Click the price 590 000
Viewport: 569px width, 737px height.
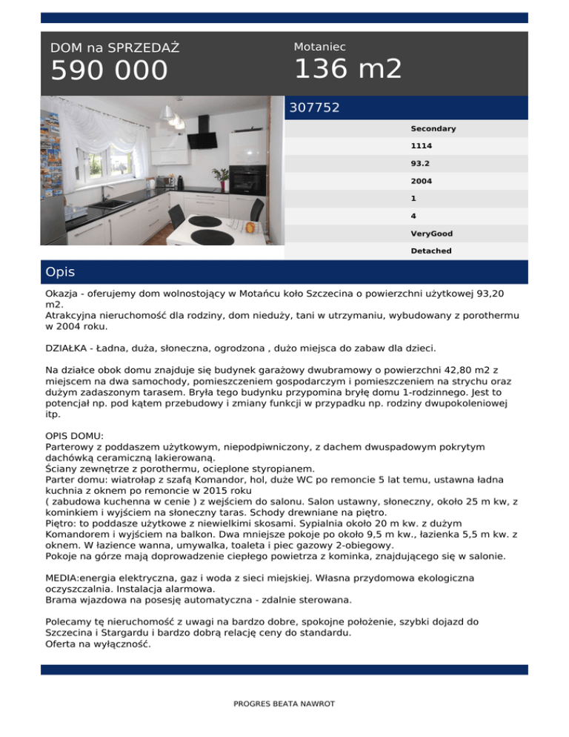pyautogui.click(x=109, y=71)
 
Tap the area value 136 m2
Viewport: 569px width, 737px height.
pyautogui.click(x=348, y=69)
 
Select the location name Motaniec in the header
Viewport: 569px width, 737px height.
pyautogui.click(x=319, y=47)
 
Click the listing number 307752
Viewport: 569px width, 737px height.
pyautogui.click(x=314, y=108)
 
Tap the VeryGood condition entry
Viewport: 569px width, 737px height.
pyautogui.click(x=431, y=234)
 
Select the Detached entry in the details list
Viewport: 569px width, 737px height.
pyautogui.click(x=430, y=251)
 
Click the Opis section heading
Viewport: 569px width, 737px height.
pyautogui.click(x=60, y=272)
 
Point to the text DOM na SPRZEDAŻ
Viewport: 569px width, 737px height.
pyautogui.click(x=115, y=48)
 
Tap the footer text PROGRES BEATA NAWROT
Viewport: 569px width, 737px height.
pyautogui.click(x=284, y=704)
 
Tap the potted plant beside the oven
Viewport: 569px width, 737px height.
pyautogui.click(x=221, y=176)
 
